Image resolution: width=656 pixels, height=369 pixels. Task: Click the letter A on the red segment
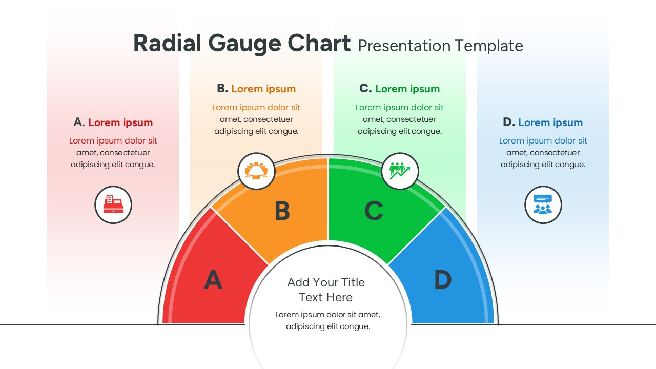pyautogui.click(x=213, y=280)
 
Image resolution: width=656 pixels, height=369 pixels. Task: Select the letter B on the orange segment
pyautogui.click(x=282, y=211)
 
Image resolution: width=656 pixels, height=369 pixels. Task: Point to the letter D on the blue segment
pyautogui.click(x=443, y=280)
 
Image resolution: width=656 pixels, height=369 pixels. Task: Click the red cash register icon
pyautogui.click(x=113, y=204)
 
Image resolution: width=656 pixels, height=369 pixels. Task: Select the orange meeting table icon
pyautogui.click(x=256, y=171)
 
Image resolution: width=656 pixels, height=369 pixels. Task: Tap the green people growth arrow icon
pyautogui.click(x=400, y=171)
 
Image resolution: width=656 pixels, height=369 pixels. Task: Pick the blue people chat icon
pyautogui.click(x=543, y=204)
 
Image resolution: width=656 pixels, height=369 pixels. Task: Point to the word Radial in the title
pyautogui.click(x=167, y=44)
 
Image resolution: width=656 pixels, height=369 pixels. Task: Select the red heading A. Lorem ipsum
pyautogui.click(x=113, y=122)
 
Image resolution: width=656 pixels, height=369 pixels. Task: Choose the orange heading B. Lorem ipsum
pyautogui.click(x=256, y=89)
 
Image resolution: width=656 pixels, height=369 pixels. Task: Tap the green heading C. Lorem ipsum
pyautogui.click(x=400, y=89)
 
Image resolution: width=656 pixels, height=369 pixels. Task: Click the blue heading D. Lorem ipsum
pyautogui.click(x=543, y=122)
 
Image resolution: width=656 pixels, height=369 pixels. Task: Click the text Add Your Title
pyautogui.click(x=326, y=282)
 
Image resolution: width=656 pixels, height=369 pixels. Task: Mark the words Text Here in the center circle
pyautogui.click(x=326, y=297)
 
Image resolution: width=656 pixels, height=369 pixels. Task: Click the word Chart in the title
pyautogui.click(x=319, y=44)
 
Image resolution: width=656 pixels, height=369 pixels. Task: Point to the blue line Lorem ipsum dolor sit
pyautogui.click(x=543, y=141)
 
